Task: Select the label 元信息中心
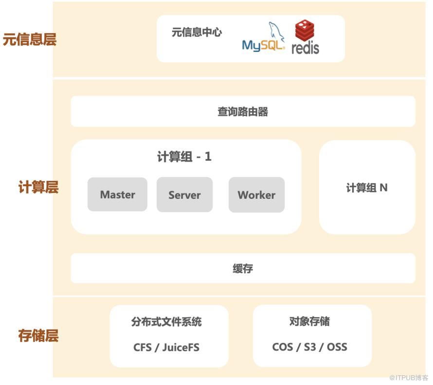click(197, 33)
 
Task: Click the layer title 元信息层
click(29, 39)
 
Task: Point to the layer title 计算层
click(38, 187)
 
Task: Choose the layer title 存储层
click(38, 335)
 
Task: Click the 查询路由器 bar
click(243, 112)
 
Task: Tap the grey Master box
click(117, 194)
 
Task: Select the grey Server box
click(184, 195)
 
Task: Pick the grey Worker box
click(256, 195)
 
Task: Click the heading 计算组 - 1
click(184, 157)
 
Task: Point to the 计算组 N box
click(367, 188)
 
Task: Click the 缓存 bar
click(243, 268)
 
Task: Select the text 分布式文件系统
click(166, 322)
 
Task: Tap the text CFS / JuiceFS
click(166, 348)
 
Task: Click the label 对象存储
click(309, 321)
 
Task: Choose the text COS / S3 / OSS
click(309, 347)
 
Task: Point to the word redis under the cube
click(306, 48)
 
